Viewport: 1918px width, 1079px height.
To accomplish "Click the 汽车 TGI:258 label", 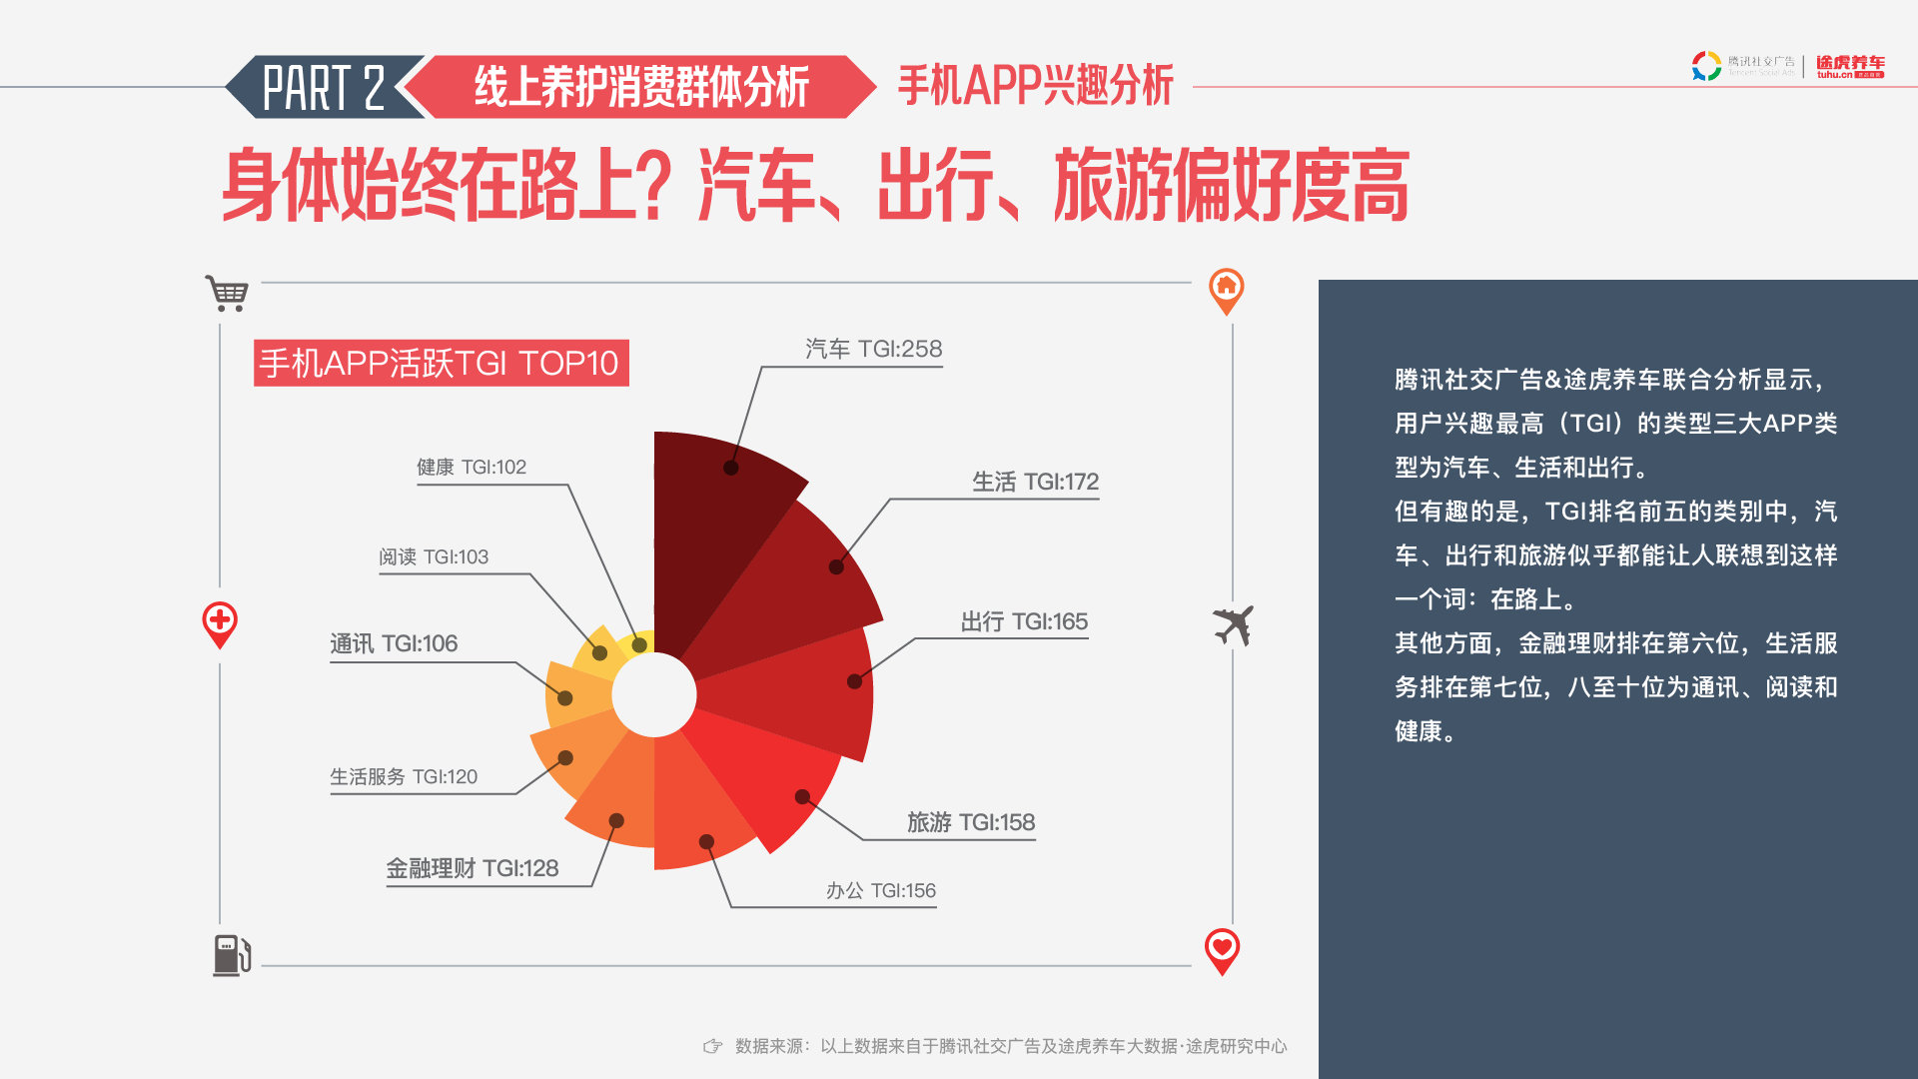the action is click(874, 349).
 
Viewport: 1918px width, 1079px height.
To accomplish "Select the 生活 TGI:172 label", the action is click(1035, 482).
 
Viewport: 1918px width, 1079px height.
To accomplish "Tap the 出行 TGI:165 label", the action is click(1024, 621).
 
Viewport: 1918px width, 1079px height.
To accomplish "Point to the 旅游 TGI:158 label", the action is click(971, 822).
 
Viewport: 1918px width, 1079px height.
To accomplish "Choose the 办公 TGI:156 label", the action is click(881, 890).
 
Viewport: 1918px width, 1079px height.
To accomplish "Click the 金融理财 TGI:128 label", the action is click(473, 868).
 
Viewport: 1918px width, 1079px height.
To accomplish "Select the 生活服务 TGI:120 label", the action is click(404, 776).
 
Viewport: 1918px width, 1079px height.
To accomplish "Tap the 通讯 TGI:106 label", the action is click(394, 643).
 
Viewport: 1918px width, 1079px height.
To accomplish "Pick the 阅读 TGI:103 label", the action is click(434, 556).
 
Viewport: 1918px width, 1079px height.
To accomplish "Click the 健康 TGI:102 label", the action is click(472, 467).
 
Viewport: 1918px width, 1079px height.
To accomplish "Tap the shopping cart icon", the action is click(227, 293).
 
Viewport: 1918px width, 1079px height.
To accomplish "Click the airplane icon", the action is click(1234, 625).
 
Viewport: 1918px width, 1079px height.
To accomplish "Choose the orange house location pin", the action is click(1226, 291).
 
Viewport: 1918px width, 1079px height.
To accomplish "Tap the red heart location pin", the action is click(1222, 950).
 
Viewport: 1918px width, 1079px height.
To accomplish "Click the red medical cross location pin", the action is click(220, 624).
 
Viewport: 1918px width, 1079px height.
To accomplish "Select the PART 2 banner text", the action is click(324, 88).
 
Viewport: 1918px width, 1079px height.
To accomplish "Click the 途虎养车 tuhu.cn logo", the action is click(1850, 67).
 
